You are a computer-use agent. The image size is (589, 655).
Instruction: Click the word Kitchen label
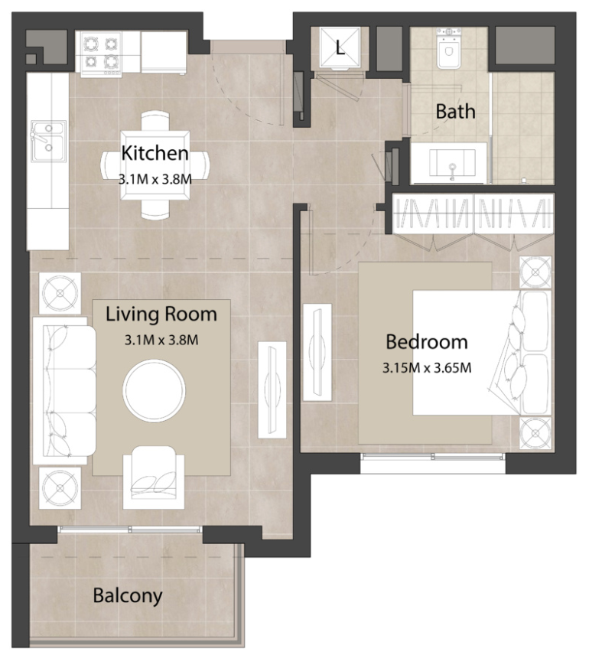pyautogui.click(x=155, y=153)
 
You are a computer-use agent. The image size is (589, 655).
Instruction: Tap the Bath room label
pyautogui.click(x=455, y=112)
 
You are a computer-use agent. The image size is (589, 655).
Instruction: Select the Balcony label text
pyautogui.click(x=128, y=595)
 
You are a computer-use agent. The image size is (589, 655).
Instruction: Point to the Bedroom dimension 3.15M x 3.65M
pyautogui.click(x=427, y=368)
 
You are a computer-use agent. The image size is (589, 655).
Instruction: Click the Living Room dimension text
pyautogui.click(x=161, y=340)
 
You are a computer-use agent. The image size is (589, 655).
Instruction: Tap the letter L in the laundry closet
pyautogui.click(x=340, y=48)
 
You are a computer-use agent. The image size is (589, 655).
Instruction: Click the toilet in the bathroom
pyautogui.click(x=449, y=48)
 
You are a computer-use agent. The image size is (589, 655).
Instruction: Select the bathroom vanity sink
pyautogui.click(x=452, y=163)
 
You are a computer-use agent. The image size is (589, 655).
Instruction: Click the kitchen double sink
pyautogui.click(x=48, y=142)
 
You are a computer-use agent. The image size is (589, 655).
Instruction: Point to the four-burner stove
pyautogui.click(x=101, y=54)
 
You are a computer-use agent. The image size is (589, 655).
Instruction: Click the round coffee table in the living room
pyautogui.click(x=155, y=390)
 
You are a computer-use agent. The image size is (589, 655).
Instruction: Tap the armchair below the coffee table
pyautogui.click(x=154, y=477)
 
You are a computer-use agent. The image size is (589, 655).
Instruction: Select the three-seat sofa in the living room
pyautogui.click(x=64, y=390)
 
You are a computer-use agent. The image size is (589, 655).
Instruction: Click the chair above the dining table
pyautogui.click(x=155, y=121)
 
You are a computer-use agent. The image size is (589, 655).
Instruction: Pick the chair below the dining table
pyautogui.click(x=155, y=209)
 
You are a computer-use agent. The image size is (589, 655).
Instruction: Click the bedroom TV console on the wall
pyautogui.click(x=317, y=352)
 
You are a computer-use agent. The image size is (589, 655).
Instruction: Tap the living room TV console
pyautogui.click(x=272, y=389)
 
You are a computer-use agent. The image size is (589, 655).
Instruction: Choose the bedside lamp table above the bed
pyautogui.click(x=535, y=272)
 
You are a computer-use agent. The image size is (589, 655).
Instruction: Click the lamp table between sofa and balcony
pyautogui.click(x=60, y=488)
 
